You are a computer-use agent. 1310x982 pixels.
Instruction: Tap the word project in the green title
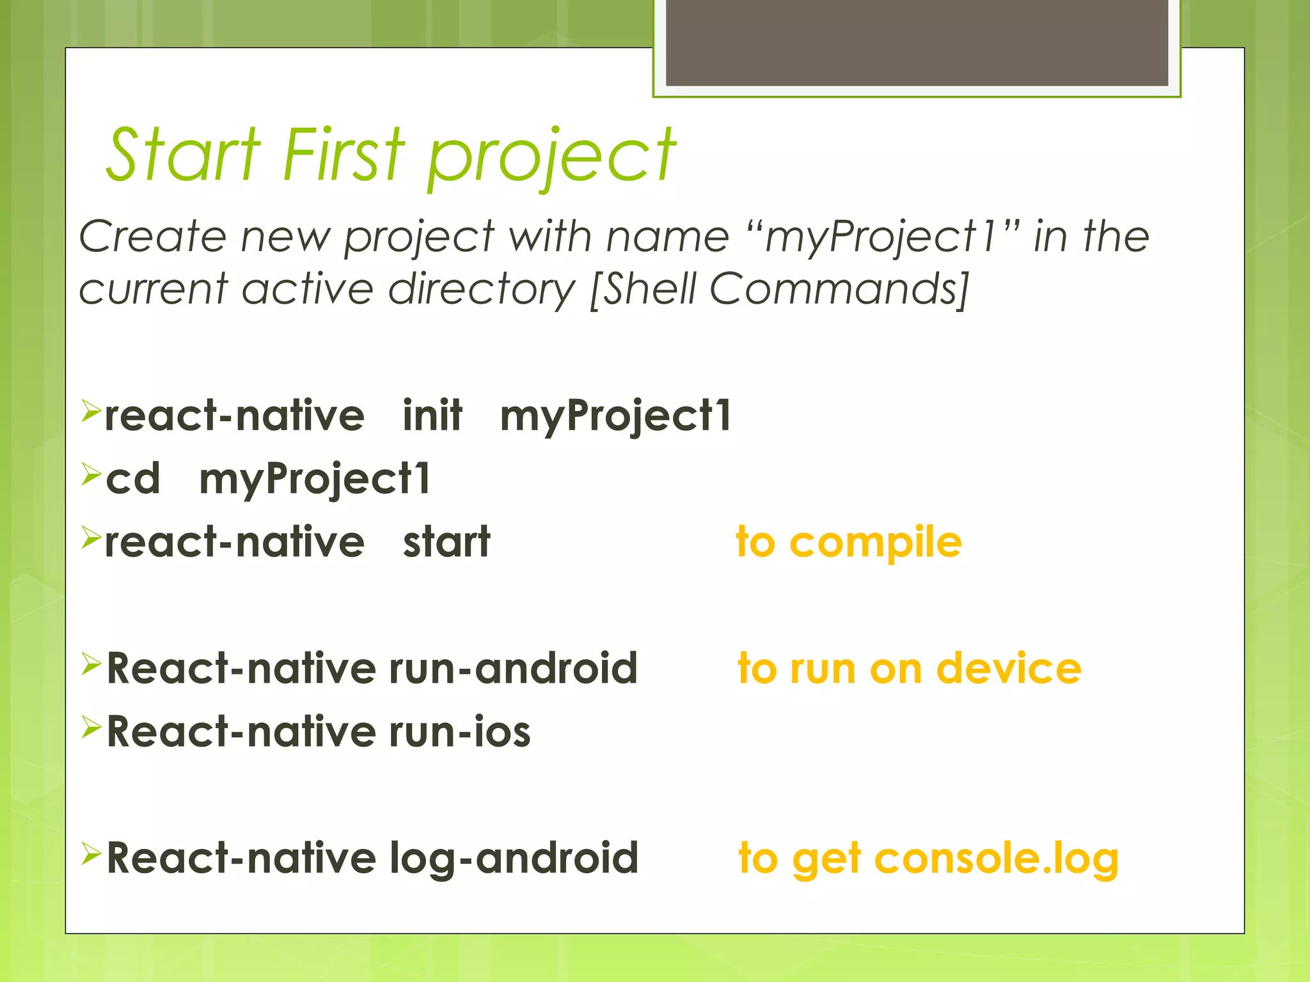click(x=551, y=157)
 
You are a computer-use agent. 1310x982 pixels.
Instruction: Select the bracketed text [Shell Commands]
click(x=778, y=290)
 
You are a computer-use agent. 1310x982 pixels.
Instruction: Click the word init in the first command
click(x=432, y=416)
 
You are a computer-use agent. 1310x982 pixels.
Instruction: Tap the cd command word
click(x=133, y=479)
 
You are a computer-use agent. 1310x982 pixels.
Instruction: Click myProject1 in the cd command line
click(x=315, y=480)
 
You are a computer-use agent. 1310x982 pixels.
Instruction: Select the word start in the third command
click(x=446, y=543)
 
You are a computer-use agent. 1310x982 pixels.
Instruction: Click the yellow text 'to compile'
click(x=848, y=543)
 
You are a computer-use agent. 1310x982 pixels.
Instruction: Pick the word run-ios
click(x=459, y=732)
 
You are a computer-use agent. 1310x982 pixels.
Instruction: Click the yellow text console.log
click(x=996, y=859)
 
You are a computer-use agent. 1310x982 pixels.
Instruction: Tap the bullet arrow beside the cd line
click(x=91, y=474)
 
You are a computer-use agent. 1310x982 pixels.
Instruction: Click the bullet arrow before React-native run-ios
click(x=91, y=727)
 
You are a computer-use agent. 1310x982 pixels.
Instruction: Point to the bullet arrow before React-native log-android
click(x=91, y=853)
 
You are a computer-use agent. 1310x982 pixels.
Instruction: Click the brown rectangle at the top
click(x=917, y=42)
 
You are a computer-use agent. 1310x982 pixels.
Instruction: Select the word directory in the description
click(x=482, y=290)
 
